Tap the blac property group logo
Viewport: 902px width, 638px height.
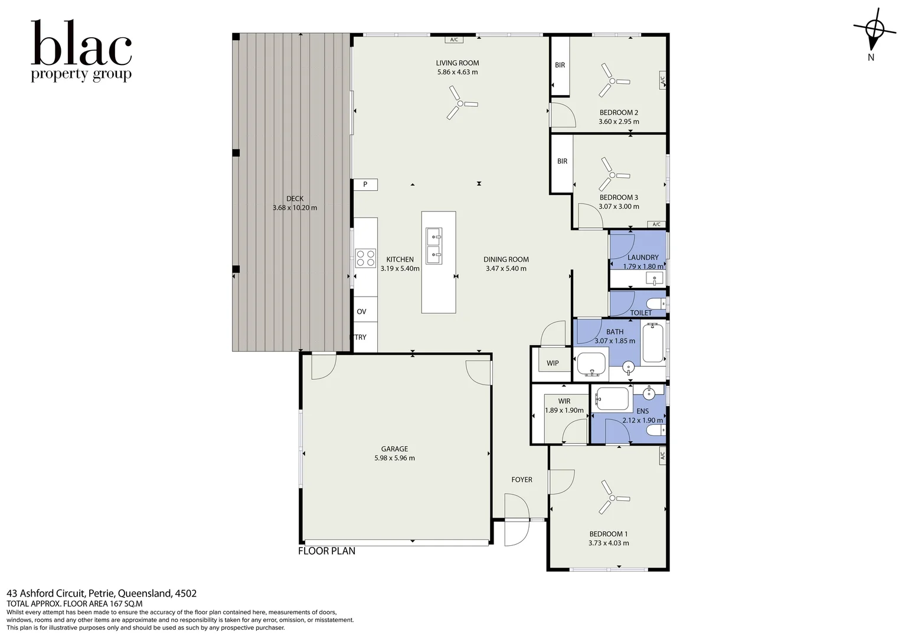click(81, 51)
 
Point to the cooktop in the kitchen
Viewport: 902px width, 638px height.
click(365, 258)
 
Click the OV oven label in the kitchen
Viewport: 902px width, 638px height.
click(361, 312)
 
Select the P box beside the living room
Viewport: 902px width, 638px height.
click(365, 184)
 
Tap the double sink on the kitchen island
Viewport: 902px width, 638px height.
click(434, 246)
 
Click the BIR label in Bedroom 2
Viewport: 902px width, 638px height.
click(560, 65)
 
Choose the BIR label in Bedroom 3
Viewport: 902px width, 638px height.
click(562, 161)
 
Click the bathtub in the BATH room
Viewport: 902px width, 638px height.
click(653, 343)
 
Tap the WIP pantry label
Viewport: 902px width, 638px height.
click(552, 363)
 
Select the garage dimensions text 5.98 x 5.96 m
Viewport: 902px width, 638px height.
click(394, 458)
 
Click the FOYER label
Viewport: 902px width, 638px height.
click(521, 480)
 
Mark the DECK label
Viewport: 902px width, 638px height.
click(295, 198)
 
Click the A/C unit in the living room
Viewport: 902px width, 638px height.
click(453, 40)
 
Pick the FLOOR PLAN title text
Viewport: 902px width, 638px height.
click(326, 551)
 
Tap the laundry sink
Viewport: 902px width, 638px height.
click(654, 278)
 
